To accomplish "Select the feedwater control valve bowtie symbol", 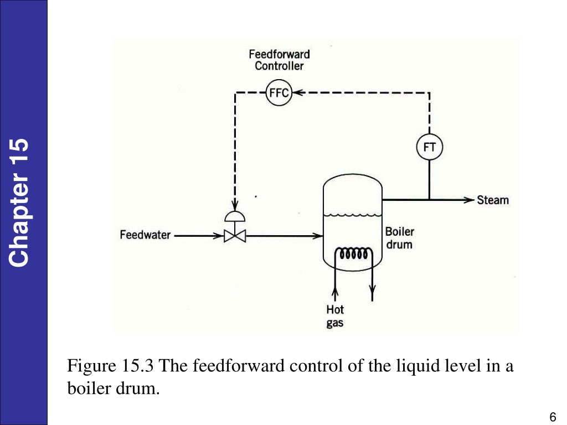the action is [x=235, y=236].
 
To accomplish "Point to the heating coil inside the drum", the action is [x=353, y=253].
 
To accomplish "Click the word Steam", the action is [x=492, y=200].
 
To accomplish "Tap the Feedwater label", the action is [x=145, y=235].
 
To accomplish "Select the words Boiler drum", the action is [x=399, y=238].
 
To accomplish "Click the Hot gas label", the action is [x=335, y=316].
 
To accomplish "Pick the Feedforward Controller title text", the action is [x=279, y=60].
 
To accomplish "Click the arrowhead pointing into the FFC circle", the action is [x=297, y=92].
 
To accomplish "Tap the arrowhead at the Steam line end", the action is [x=469, y=199].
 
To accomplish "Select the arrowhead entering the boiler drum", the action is [x=317, y=236].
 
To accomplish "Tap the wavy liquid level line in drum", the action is [x=353, y=215].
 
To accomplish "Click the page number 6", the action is [x=553, y=417].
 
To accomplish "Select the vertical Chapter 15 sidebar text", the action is [x=19, y=203].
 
